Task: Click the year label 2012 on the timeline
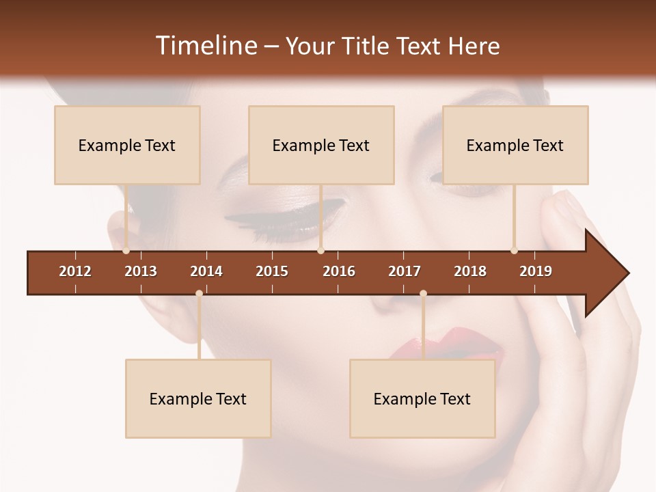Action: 75,271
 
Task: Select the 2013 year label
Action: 141,271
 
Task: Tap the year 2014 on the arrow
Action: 206,271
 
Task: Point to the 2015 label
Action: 272,271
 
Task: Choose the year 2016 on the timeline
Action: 339,271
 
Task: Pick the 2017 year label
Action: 405,271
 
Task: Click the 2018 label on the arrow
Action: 470,271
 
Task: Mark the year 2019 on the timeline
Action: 536,271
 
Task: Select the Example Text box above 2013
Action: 127,145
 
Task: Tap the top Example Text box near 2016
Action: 321,145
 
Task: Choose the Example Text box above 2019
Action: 515,145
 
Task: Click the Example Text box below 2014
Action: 198,398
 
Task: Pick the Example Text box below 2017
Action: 422,398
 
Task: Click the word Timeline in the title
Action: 205,46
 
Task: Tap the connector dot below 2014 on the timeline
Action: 199,293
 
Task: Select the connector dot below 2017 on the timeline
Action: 423,293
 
